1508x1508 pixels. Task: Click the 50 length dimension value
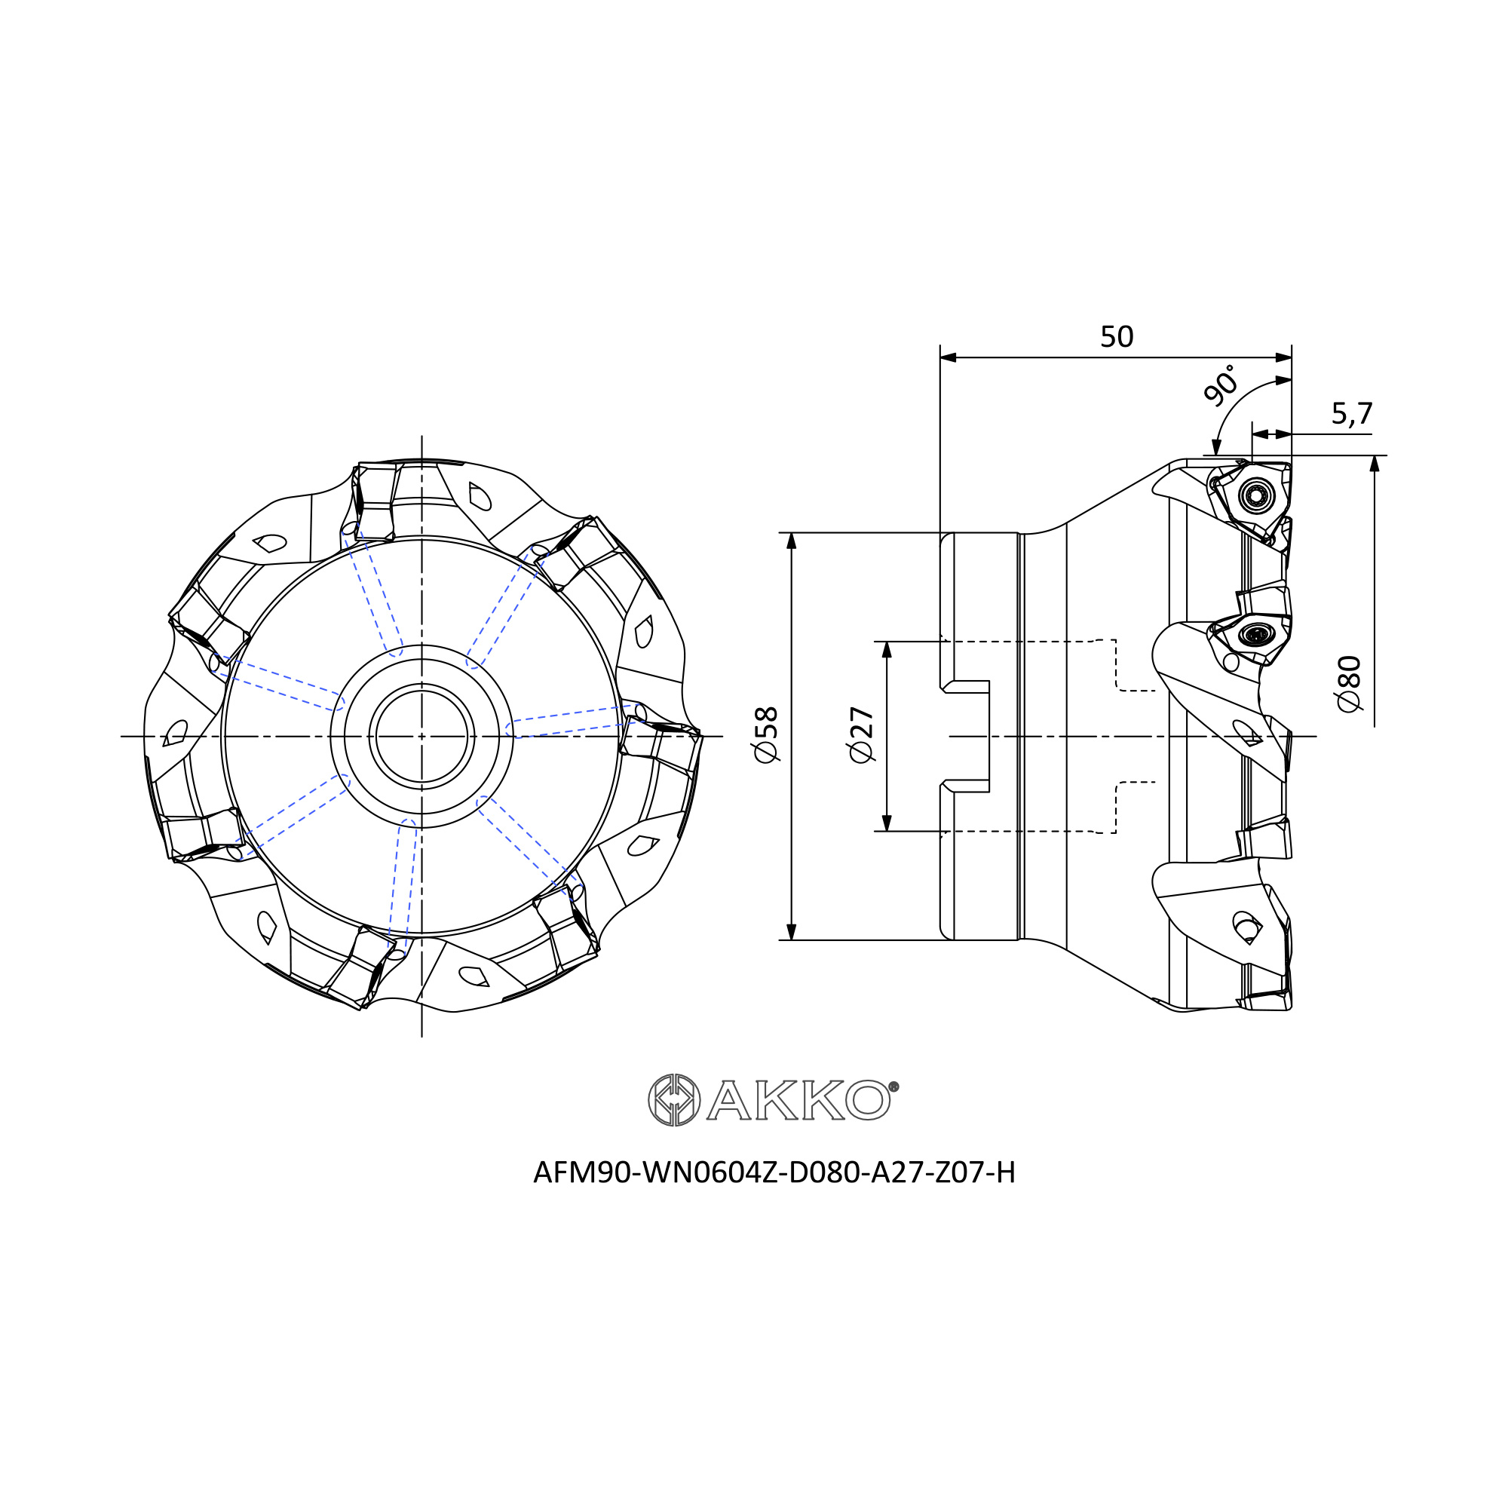[1116, 337]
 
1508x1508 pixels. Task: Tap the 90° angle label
[1221, 385]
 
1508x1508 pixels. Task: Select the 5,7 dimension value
[1352, 414]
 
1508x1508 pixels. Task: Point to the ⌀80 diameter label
[1350, 684]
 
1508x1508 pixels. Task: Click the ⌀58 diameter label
[767, 734]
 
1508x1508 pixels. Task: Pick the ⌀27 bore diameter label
[862, 734]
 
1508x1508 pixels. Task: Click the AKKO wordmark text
[798, 1101]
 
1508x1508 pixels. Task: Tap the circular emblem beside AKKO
[674, 1101]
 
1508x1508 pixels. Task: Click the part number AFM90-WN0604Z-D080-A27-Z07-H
[774, 1173]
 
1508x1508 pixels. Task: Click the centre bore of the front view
[421, 735]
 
